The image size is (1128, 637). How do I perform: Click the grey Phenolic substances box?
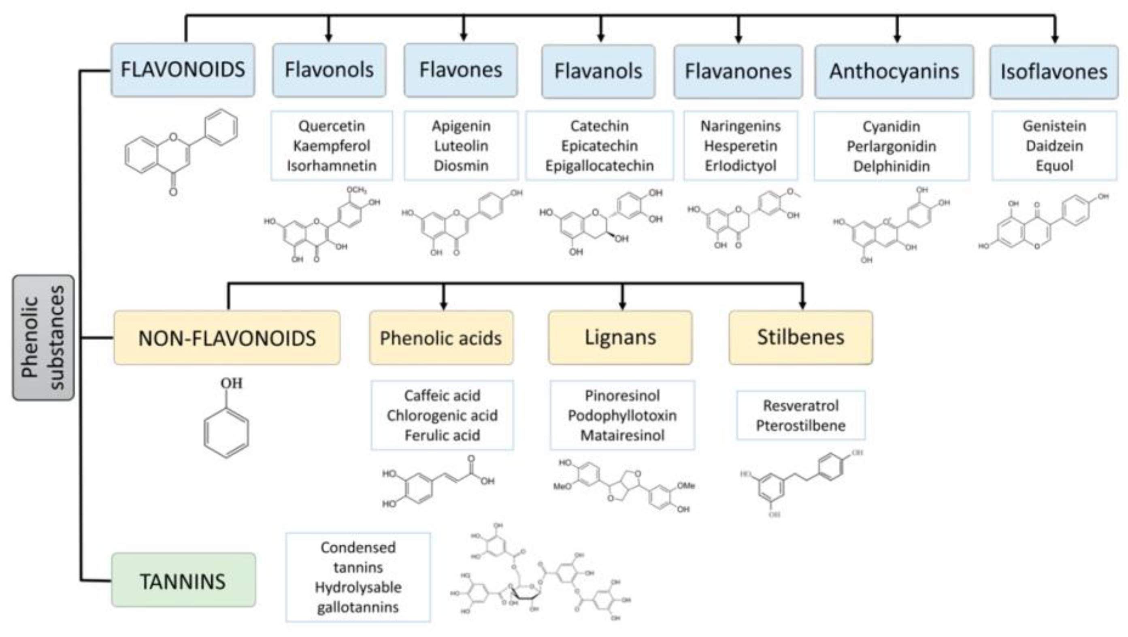(43, 337)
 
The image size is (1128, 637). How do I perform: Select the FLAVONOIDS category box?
(183, 70)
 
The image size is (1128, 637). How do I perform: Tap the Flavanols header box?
(598, 71)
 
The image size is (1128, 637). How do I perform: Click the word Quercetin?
(332, 126)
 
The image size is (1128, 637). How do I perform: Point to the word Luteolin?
(461, 146)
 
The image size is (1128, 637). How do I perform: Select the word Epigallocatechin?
(599, 166)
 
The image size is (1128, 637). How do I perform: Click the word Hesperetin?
(741, 146)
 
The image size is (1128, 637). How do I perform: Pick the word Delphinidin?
(891, 166)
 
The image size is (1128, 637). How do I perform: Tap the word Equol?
(1054, 166)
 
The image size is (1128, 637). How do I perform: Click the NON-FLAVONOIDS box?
(227, 338)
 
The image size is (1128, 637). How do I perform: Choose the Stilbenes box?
(800, 337)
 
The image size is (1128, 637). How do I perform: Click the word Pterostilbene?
(800, 425)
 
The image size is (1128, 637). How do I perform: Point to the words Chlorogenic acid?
(442, 415)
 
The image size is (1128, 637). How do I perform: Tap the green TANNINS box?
(183, 581)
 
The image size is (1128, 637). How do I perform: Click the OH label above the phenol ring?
(231, 383)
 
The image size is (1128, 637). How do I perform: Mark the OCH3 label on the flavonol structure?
(356, 190)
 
